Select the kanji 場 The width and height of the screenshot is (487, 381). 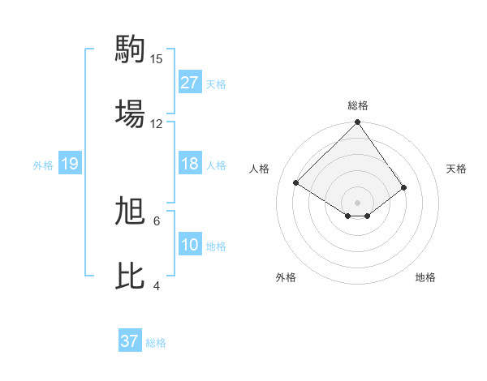pyautogui.click(x=131, y=113)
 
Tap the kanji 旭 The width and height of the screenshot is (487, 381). pyautogui.click(x=131, y=211)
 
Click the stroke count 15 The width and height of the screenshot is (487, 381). pyautogui.click(x=157, y=59)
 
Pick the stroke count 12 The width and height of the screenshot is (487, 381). pyautogui.click(x=157, y=124)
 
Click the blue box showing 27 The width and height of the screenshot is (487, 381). pyautogui.click(x=190, y=83)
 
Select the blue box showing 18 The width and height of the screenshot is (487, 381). pyautogui.click(x=190, y=164)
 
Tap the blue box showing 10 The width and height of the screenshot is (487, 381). pyautogui.click(x=190, y=245)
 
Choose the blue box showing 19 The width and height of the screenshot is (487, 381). pyautogui.click(x=70, y=164)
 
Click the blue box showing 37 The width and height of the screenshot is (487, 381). pyautogui.click(x=130, y=341)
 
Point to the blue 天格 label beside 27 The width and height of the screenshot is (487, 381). pyautogui.click(x=216, y=83)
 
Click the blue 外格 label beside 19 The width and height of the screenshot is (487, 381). pyautogui.click(x=43, y=165)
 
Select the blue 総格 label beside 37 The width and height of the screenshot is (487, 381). pyautogui.click(x=156, y=342)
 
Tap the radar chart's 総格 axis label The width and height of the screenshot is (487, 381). pyautogui.click(x=358, y=105)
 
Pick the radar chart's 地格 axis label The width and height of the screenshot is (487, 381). pyautogui.click(x=425, y=277)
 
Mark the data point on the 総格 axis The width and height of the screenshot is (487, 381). pyautogui.click(x=358, y=123)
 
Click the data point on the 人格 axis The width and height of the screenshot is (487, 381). pyautogui.click(x=296, y=182)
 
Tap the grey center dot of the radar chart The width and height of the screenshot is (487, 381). pyautogui.click(x=358, y=202)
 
